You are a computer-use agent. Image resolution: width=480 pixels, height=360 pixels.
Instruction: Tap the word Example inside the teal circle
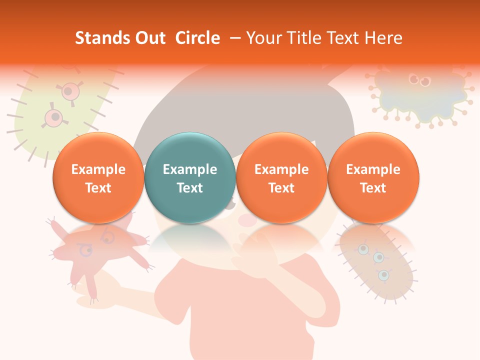click(x=190, y=169)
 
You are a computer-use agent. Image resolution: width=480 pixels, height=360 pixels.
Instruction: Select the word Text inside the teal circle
click(x=190, y=188)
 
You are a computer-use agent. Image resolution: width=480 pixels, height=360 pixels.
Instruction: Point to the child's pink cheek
click(x=246, y=219)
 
